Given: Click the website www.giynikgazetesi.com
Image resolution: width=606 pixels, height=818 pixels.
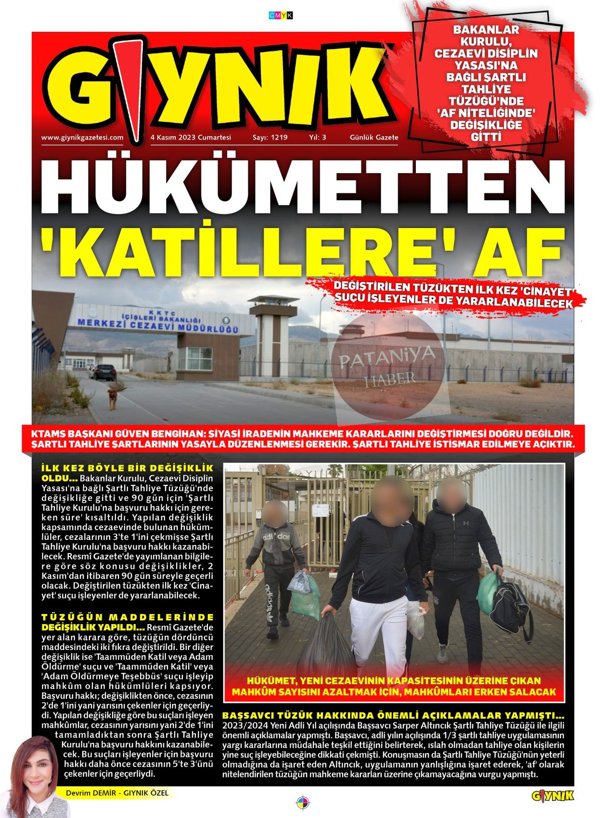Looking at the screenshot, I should [x=82, y=137].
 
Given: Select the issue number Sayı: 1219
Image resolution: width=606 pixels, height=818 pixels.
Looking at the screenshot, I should [x=270, y=137].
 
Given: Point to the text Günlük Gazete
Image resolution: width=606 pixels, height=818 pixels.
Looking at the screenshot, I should [x=374, y=137].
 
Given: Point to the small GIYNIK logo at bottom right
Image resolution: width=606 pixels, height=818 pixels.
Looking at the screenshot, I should [x=553, y=796].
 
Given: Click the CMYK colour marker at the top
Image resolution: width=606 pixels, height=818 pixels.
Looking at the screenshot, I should [x=281, y=15].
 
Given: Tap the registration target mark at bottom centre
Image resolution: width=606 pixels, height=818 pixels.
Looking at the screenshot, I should [x=302, y=803].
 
